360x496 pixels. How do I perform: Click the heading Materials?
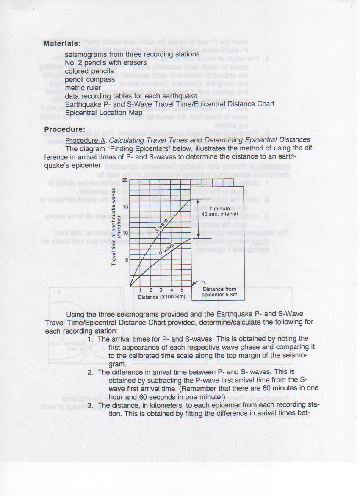point(62,43)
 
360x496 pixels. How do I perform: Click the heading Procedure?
point(65,129)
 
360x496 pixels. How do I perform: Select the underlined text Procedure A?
point(86,140)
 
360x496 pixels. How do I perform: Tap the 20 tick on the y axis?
point(125,180)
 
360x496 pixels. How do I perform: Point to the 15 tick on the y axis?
point(125,207)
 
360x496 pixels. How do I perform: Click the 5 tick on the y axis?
point(126,259)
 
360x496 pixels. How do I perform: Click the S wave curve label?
point(161,226)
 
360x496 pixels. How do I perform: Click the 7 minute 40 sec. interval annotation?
point(219,211)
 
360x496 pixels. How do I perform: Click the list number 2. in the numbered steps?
point(90,372)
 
